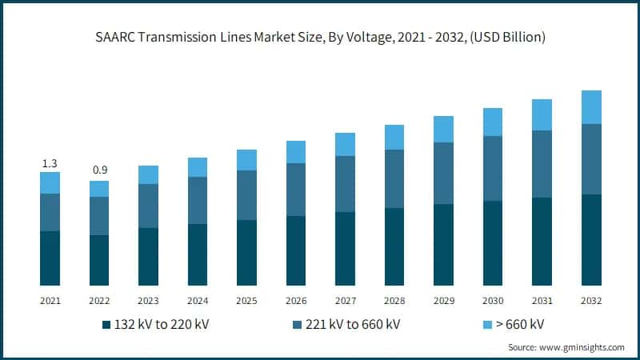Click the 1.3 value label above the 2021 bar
pyautogui.click(x=50, y=164)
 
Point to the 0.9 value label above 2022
pyautogui.click(x=99, y=170)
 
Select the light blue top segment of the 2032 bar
pyautogui.click(x=591, y=107)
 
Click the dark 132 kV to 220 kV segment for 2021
pyautogui.click(x=50, y=258)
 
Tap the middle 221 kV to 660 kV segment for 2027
pyautogui.click(x=345, y=183)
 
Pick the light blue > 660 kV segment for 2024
pyautogui.click(x=198, y=166)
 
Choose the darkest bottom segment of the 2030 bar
pyautogui.click(x=493, y=242)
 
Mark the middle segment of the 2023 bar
pyautogui.click(x=148, y=206)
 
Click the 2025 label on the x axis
pyautogui.click(x=246, y=301)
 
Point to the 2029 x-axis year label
pyautogui.click(x=444, y=301)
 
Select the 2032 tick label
pyautogui.click(x=591, y=301)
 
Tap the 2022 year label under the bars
pyautogui.click(x=99, y=301)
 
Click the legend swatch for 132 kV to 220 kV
pyautogui.click(x=106, y=325)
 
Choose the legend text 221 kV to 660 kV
pyautogui.click(x=353, y=325)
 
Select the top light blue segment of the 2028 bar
pyautogui.click(x=394, y=137)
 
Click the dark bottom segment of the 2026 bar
pyautogui.click(x=296, y=250)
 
